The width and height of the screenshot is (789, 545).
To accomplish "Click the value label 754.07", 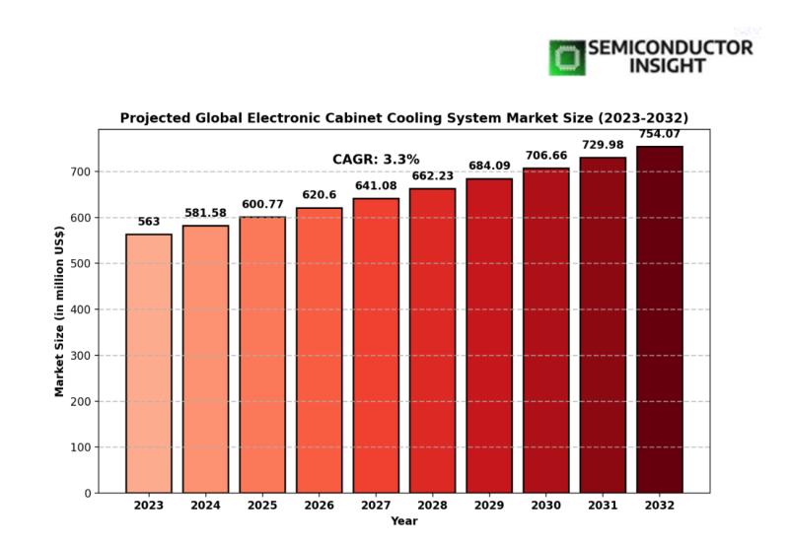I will [x=659, y=134].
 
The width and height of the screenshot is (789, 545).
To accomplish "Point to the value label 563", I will [x=148, y=222].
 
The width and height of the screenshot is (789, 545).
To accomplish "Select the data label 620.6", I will [x=319, y=195].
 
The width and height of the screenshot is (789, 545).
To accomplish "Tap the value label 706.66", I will [x=545, y=156].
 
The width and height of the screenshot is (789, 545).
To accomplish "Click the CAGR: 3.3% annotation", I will [x=376, y=159].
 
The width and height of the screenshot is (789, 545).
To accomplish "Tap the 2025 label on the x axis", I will [x=262, y=506].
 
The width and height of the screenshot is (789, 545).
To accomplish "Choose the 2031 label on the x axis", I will [x=603, y=506].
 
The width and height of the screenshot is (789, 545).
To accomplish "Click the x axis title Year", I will [x=403, y=520].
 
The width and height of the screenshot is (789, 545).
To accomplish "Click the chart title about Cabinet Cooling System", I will [x=403, y=117].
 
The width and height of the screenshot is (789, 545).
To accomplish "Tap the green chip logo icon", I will [x=566, y=57].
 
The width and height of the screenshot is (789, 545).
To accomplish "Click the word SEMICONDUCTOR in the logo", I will [x=670, y=47].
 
